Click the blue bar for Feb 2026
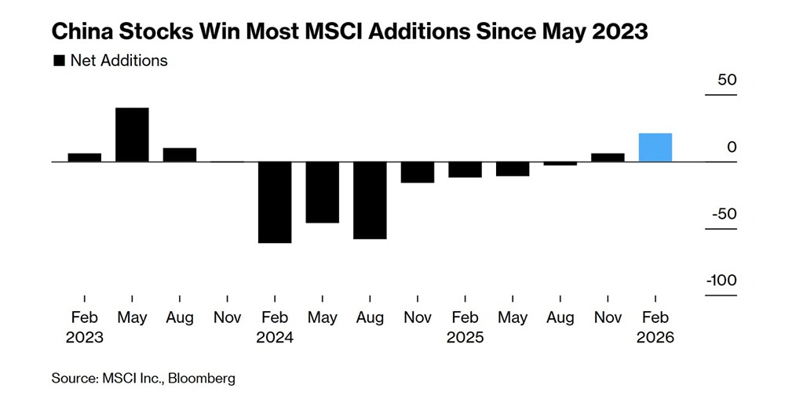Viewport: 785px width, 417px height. coord(655,147)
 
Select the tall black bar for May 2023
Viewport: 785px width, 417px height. coord(132,135)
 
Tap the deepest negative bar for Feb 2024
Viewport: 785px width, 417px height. coord(275,202)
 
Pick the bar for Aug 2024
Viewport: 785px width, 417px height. coord(370,200)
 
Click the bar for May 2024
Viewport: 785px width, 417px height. coord(322,192)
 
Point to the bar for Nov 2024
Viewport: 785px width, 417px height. coord(418,172)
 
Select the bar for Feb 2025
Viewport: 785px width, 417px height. coord(465,169)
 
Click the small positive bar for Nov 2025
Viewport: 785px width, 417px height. coord(608,158)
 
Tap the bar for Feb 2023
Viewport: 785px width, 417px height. coord(84,158)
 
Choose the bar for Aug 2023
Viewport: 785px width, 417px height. coord(180,154)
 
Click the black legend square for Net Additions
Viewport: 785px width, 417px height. coord(58,60)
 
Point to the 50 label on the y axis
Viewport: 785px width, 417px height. coord(726,80)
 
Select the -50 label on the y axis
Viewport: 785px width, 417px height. coord(723,214)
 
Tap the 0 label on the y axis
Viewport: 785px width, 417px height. coord(732,147)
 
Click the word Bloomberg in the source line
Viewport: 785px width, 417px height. coord(199,379)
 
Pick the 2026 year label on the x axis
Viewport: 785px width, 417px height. coord(655,338)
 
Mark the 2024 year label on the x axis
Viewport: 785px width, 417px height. coord(275,338)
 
